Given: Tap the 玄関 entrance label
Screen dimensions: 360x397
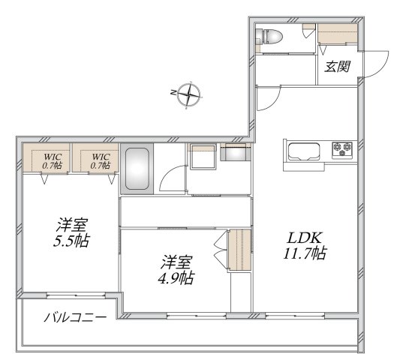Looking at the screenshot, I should [x=337, y=66].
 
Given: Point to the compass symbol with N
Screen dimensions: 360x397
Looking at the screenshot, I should [x=191, y=95].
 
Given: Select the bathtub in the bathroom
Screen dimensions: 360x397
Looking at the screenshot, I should [x=137, y=168].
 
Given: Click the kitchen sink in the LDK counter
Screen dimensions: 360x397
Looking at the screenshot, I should [x=304, y=151].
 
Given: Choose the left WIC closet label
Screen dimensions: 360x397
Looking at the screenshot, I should [x=51, y=160].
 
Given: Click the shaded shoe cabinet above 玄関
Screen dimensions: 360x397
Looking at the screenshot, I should [x=338, y=34].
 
